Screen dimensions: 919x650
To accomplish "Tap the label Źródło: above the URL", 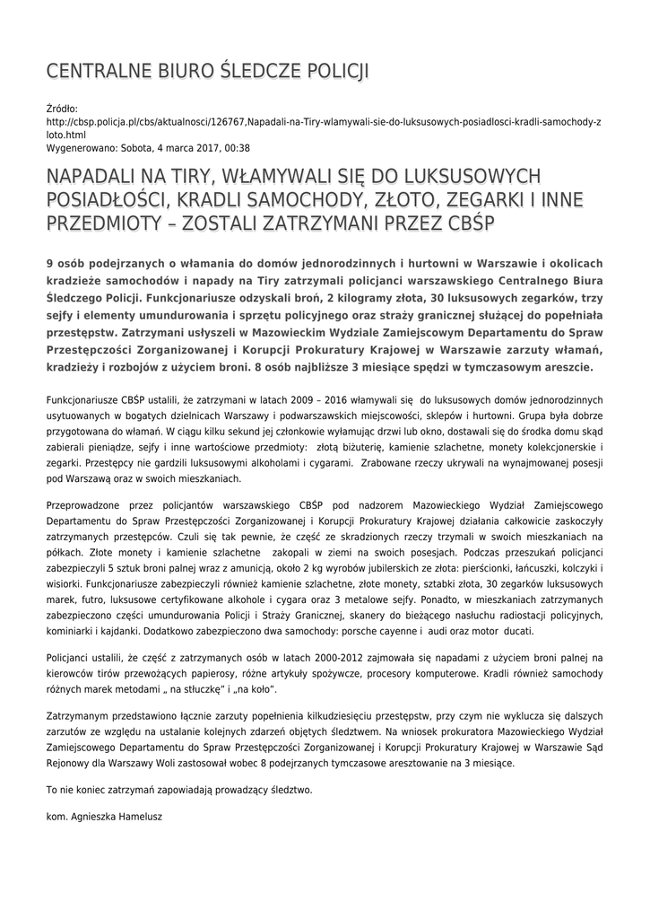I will (62, 108).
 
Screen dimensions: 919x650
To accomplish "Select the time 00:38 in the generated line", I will (236, 148).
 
